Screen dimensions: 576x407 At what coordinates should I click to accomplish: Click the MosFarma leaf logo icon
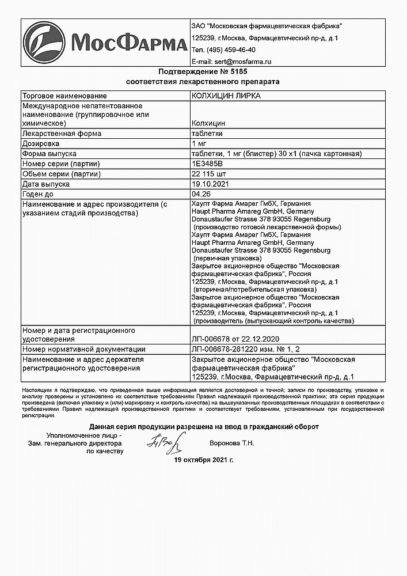(44, 43)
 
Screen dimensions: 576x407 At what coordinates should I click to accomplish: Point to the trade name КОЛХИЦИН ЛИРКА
(226, 96)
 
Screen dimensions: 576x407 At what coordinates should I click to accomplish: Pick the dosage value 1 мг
(199, 143)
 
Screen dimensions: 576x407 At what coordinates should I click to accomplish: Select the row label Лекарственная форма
(62, 134)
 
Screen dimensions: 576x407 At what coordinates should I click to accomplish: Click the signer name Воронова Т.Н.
(232, 443)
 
